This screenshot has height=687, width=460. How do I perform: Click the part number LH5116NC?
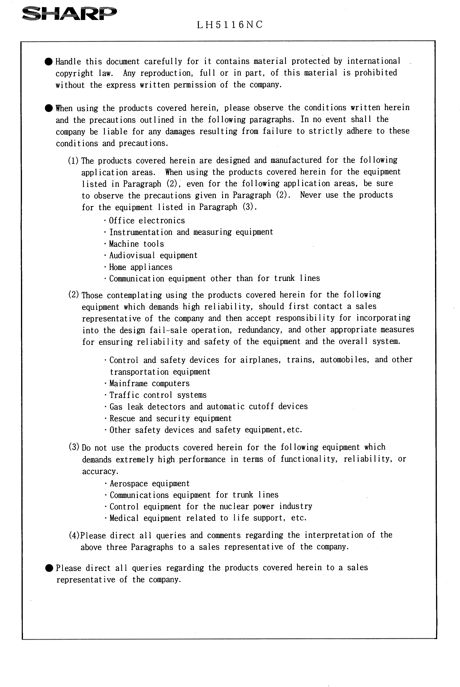point(230,25)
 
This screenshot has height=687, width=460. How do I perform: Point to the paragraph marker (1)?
point(73,161)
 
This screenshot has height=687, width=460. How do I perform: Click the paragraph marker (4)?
point(74,535)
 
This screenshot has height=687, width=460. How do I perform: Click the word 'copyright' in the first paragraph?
point(74,73)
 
